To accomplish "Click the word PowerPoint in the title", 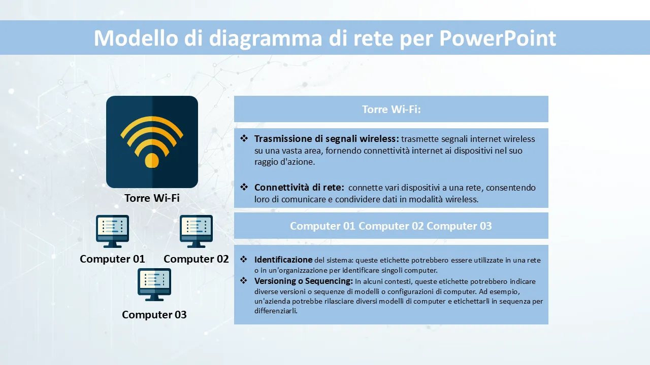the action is point(498,38).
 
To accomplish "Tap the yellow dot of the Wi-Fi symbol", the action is point(152,160).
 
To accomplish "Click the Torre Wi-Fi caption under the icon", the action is point(152,198).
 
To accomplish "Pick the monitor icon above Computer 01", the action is point(113,231).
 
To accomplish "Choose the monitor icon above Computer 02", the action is point(196,231).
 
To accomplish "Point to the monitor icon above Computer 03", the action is point(154,284).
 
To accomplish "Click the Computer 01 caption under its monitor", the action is point(112,259).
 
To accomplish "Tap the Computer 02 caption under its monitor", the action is point(196,259).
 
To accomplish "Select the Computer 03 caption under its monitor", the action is point(154,315).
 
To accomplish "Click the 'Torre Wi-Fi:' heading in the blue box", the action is point(392,109).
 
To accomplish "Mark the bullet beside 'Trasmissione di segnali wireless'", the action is point(244,138).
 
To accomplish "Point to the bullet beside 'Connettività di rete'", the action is point(244,187).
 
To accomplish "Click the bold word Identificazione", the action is point(283,260).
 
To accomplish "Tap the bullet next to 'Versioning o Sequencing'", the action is point(244,280).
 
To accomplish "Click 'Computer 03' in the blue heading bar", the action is point(460,226).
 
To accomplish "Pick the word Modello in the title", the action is point(136,38).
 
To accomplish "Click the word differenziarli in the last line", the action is point(276,311).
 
